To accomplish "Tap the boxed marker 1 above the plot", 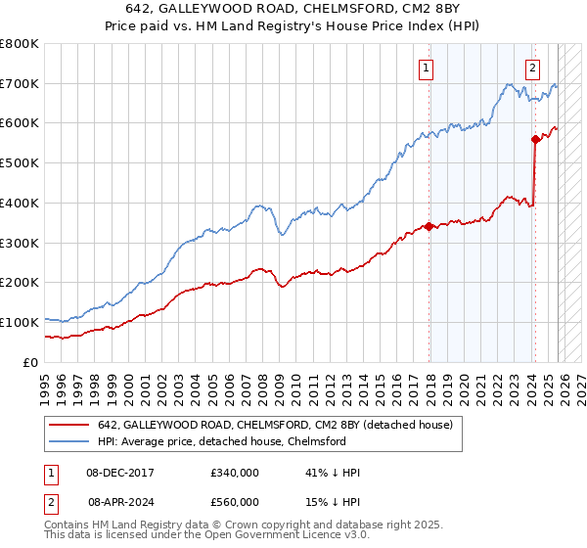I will point(428,68).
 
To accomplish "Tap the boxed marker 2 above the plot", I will point(532,68).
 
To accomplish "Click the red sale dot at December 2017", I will point(429,226).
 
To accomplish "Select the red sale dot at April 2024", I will point(535,139).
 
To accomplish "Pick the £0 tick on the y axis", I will point(31,362).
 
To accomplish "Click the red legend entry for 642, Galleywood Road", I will point(274,426).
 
